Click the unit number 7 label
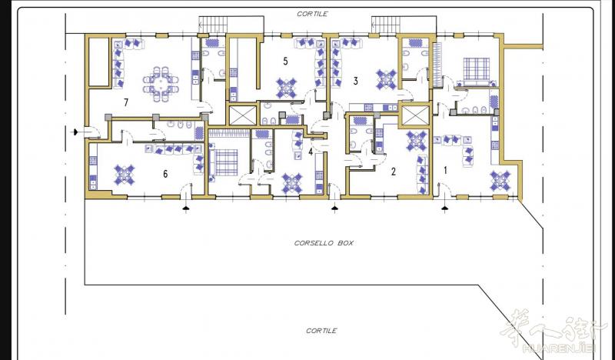point(126,102)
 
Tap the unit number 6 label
point(165,174)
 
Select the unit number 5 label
point(285,61)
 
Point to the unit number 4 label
point(311,152)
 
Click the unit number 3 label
point(355,81)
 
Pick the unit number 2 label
point(394,172)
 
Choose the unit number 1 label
point(445,170)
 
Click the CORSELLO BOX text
point(324,243)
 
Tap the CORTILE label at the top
point(312,14)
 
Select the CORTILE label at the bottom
point(321,331)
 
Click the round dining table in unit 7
point(161,84)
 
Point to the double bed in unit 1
point(477,72)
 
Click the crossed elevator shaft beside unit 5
point(242,115)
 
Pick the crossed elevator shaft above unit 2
point(416,115)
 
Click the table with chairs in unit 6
point(125,175)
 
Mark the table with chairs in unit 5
point(287,88)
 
